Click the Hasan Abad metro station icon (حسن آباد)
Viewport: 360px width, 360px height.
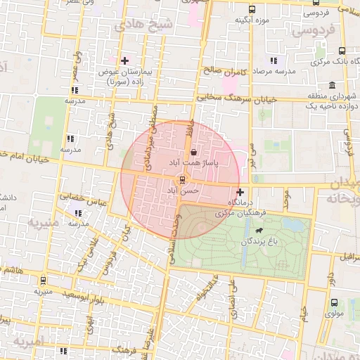point(181,179)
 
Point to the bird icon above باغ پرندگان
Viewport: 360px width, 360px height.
point(260,230)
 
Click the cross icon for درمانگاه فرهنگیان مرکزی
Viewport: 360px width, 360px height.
point(240,192)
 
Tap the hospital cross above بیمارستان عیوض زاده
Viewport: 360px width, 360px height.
point(125,60)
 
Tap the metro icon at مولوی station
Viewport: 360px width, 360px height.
point(335,303)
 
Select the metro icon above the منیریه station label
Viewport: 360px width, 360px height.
point(44,279)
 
